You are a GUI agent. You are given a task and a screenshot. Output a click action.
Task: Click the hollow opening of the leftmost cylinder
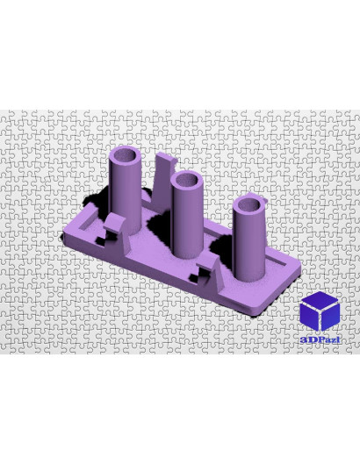point(125,155)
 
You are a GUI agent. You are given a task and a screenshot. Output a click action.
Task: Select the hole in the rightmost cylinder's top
point(248,205)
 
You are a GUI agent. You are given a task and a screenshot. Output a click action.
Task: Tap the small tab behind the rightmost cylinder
point(261,198)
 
